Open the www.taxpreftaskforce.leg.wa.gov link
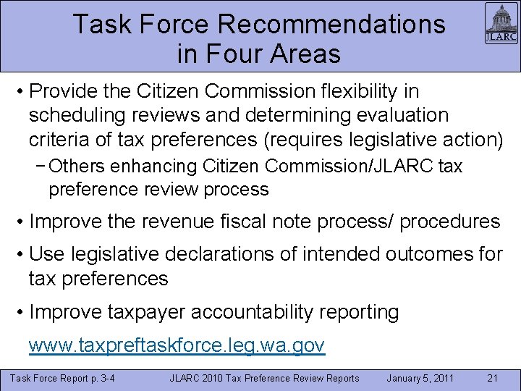pyautogui.click(x=177, y=346)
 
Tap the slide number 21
pyautogui.click(x=492, y=378)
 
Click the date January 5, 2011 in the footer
pyautogui.click(x=420, y=378)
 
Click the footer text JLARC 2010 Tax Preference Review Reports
pyautogui.click(x=264, y=378)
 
